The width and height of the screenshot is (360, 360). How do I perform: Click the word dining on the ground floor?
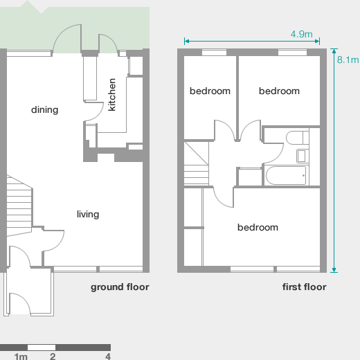click(x=44, y=109)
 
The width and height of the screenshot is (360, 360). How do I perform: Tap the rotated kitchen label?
click(x=112, y=95)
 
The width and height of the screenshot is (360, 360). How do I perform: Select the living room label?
click(x=88, y=214)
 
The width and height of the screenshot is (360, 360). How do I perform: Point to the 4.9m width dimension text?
click(x=301, y=34)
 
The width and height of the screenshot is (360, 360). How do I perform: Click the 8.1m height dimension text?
click(x=345, y=60)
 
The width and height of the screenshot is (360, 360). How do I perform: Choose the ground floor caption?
click(x=120, y=287)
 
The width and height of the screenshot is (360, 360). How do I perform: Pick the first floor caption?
click(x=304, y=287)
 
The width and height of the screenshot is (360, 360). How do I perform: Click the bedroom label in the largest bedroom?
click(x=258, y=227)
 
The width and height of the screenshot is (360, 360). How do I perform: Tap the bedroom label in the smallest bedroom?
click(x=210, y=91)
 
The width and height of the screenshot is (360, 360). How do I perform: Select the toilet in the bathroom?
click(x=301, y=136)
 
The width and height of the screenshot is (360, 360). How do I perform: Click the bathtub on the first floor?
click(x=285, y=176)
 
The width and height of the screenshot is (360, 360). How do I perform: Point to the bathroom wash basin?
click(x=302, y=155)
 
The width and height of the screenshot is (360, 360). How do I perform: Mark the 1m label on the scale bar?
click(x=21, y=357)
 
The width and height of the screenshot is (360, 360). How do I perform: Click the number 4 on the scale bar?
click(x=108, y=357)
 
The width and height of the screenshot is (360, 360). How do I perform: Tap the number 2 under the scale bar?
click(x=53, y=357)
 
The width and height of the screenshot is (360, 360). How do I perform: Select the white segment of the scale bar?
click(x=41, y=347)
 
